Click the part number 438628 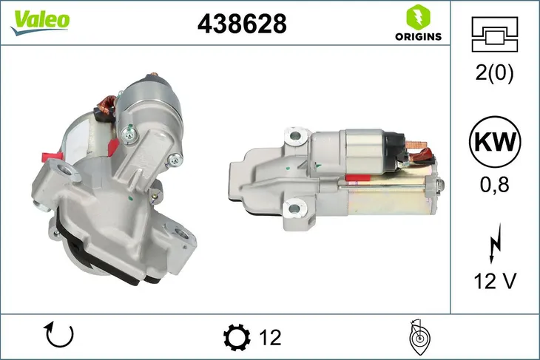click(x=241, y=24)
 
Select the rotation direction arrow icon click(x=59, y=336)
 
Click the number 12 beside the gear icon click(x=271, y=338)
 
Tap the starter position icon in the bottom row click(x=419, y=337)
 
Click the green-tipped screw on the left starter click(x=130, y=134)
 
